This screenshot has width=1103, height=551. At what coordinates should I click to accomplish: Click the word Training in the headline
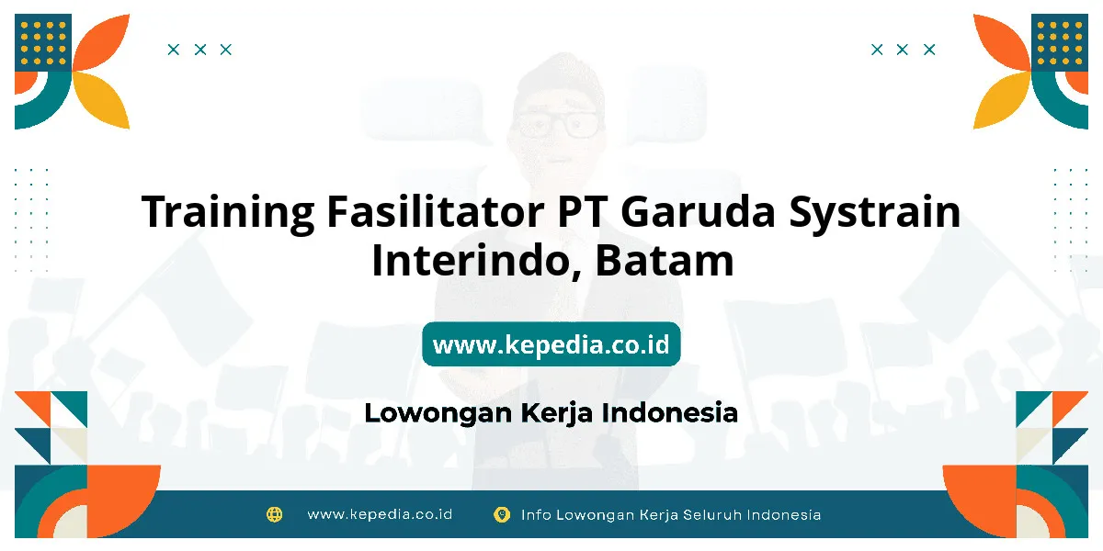(228, 212)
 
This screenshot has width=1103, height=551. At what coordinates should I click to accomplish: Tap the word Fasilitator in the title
(436, 211)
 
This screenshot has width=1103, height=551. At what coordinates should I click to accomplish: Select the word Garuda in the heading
(699, 211)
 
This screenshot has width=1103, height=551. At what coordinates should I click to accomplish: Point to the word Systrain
(874, 212)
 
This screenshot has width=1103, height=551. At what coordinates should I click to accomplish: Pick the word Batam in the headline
(665, 260)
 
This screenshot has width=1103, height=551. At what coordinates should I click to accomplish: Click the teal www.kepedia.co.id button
(551, 343)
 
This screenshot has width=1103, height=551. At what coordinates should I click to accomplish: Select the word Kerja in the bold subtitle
(556, 413)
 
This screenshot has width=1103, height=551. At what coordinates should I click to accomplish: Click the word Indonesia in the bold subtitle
(670, 412)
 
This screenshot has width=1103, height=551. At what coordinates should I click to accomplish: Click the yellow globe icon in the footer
(274, 514)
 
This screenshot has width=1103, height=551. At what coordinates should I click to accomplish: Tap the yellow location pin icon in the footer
(502, 514)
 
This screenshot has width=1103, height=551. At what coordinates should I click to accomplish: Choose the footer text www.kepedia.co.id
(380, 514)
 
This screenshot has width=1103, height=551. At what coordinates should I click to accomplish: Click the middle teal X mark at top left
(200, 50)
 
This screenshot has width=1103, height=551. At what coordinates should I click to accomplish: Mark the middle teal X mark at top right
(902, 50)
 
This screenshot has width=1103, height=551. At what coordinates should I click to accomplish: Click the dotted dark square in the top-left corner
(43, 43)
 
